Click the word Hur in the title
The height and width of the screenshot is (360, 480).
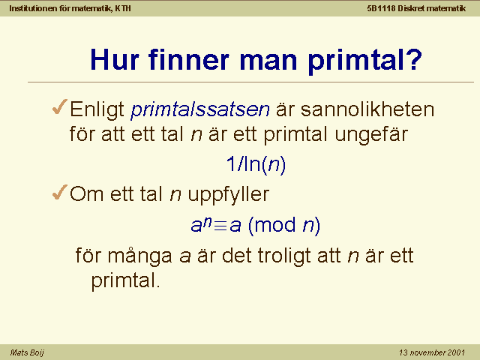tap(115, 59)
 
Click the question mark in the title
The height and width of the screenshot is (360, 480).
tap(415, 59)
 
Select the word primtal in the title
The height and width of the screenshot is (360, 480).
tap(355, 61)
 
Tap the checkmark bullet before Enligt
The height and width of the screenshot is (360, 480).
tap(60, 106)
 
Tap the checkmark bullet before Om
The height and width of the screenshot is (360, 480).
tap(60, 192)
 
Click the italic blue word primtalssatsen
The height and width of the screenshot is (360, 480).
tap(200, 109)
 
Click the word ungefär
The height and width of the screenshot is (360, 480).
tap(371, 135)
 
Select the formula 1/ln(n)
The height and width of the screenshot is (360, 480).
tap(256, 164)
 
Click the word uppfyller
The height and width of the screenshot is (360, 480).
tap(228, 195)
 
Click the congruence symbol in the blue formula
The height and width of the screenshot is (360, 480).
tap(220, 226)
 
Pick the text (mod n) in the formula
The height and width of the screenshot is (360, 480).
tap(284, 226)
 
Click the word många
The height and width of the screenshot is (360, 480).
tap(140, 256)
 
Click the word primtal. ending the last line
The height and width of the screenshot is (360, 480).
tap(125, 281)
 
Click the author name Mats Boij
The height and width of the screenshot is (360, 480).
tap(27, 352)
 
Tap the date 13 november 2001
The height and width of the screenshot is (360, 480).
tap(432, 352)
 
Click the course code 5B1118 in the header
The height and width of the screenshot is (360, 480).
tap(382, 8)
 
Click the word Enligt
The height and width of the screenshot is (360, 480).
tap(97, 109)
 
